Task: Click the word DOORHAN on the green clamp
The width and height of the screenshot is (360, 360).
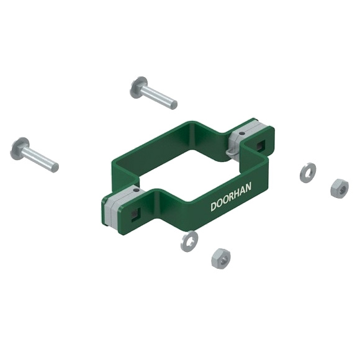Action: coord(231,197)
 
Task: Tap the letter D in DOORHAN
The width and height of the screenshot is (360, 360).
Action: coord(214,206)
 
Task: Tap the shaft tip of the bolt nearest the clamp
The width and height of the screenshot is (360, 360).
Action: coord(174,105)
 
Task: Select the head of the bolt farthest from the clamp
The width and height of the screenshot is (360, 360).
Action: coord(19,149)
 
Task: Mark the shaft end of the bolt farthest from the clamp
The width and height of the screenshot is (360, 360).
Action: coord(55,167)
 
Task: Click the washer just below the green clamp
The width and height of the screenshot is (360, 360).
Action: coord(189,241)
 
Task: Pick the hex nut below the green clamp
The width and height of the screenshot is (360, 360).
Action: coord(221,259)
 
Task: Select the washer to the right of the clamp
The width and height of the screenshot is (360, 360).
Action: coord(308,173)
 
